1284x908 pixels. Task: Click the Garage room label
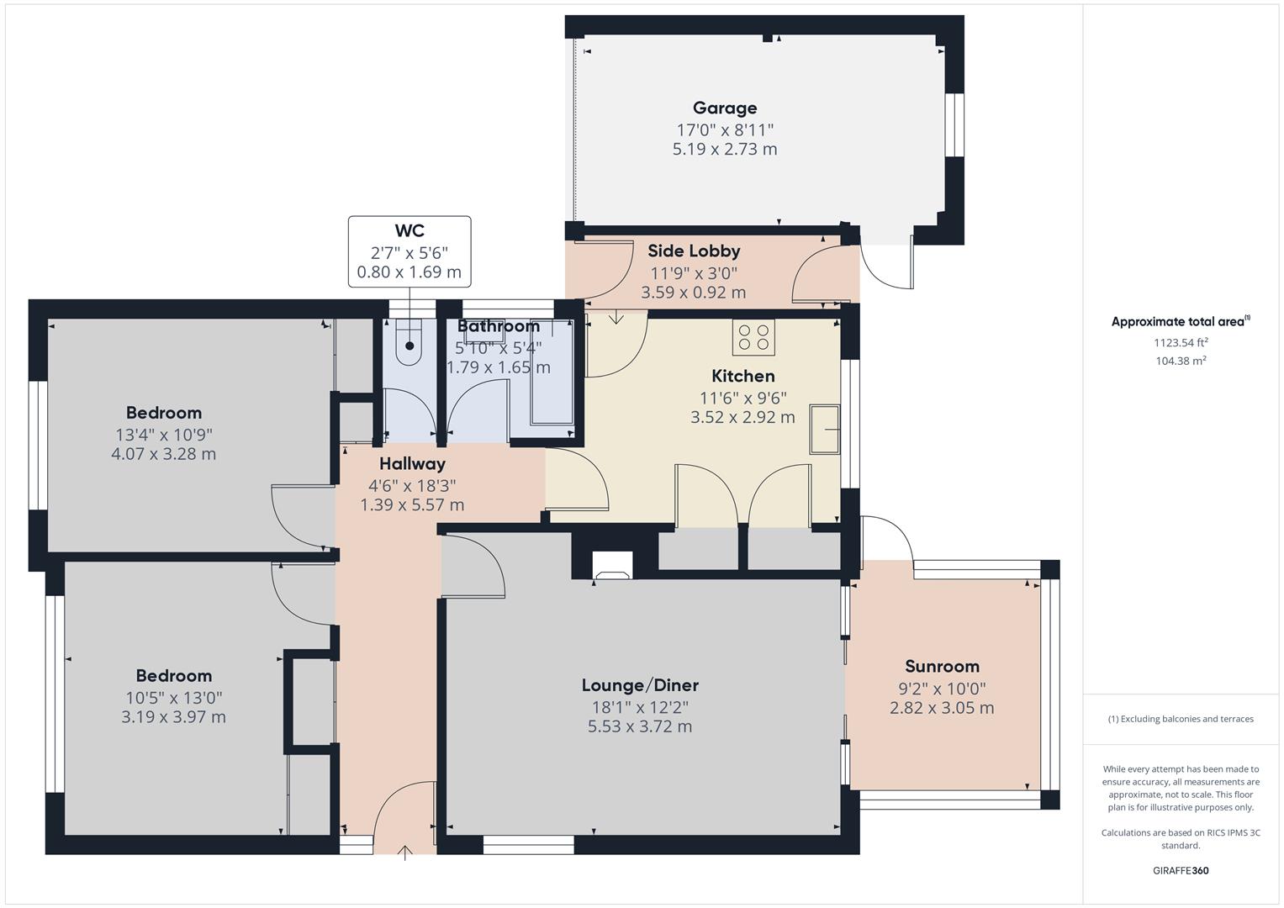(724, 108)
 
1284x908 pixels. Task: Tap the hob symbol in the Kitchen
(753, 337)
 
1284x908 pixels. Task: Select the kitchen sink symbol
(825, 430)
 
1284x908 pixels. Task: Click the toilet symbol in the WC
(410, 345)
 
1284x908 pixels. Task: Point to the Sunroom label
(942, 666)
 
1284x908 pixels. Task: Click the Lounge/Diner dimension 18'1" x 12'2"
(639, 707)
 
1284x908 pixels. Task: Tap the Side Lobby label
(694, 251)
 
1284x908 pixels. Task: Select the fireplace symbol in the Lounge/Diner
(612, 566)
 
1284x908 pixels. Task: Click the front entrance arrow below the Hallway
(405, 853)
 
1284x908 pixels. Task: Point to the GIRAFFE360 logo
(1180, 870)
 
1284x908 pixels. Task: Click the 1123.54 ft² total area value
(1181, 342)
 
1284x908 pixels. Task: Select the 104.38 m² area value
(1181, 361)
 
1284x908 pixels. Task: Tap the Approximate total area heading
(1180, 321)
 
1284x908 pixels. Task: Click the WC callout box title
(410, 230)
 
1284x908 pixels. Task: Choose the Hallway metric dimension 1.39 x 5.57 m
(412, 504)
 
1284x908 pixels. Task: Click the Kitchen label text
(742, 376)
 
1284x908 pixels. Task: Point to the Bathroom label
(499, 326)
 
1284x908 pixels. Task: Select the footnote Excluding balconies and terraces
(1181, 719)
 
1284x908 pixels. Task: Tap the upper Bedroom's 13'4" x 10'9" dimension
(164, 435)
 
